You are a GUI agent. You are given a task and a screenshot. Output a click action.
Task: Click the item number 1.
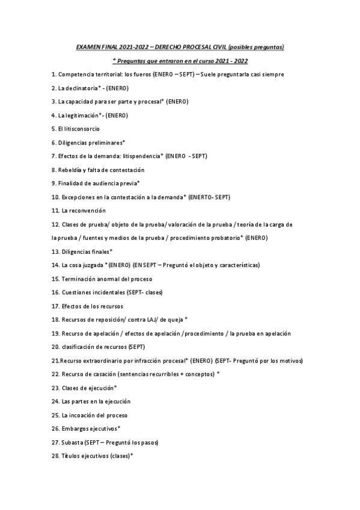click(53, 75)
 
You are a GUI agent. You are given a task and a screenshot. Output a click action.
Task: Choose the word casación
click(104, 374)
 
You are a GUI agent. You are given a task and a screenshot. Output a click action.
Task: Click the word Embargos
click(74, 429)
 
